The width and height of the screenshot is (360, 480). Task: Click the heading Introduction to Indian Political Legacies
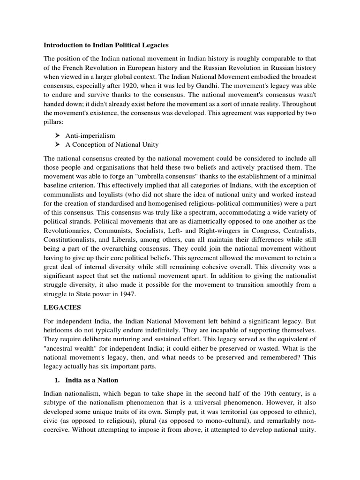click(x=106, y=45)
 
